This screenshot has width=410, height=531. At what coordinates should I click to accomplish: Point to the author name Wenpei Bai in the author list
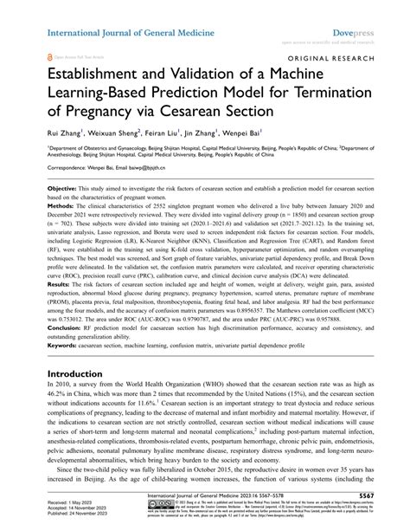(x=266, y=134)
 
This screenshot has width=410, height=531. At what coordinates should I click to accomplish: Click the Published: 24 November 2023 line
(x=56, y=515)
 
